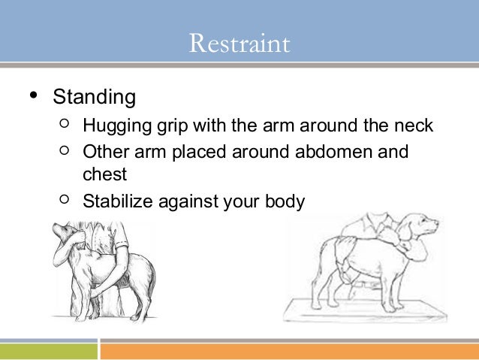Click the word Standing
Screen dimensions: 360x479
[x=94, y=98]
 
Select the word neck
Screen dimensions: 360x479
[x=413, y=125]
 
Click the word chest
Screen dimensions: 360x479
[x=105, y=174]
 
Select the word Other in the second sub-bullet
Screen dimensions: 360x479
[x=104, y=152]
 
